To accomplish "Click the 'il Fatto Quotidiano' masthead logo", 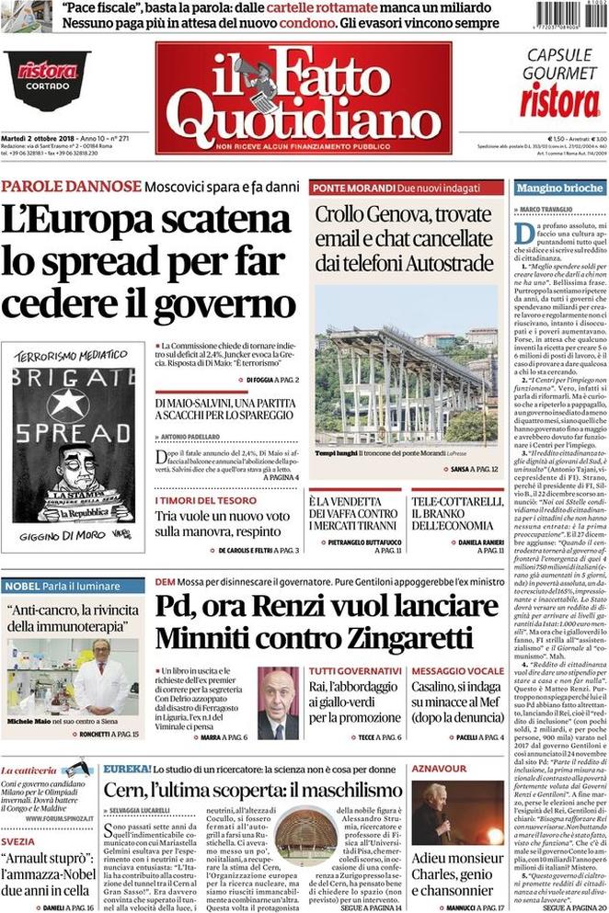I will click(303, 97).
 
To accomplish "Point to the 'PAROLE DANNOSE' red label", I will click(71, 187).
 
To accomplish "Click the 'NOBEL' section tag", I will click(21, 586).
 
